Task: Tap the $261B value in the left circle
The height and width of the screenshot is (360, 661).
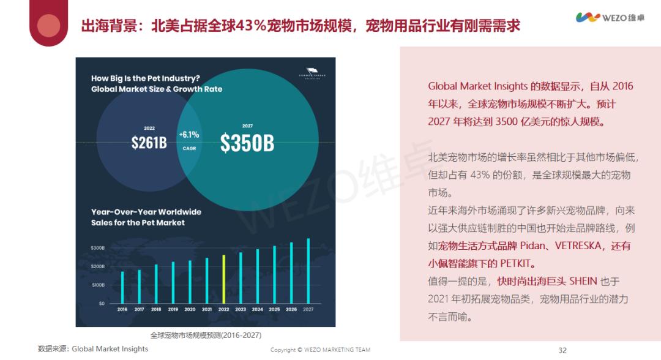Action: pyautogui.click(x=149, y=143)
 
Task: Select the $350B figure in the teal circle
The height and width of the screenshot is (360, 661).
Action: pyautogui.click(x=247, y=143)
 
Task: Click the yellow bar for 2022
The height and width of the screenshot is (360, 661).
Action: pyautogui.click(x=224, y=279)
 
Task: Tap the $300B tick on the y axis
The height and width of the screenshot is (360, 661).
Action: pyautogui.click(x=98, y=248)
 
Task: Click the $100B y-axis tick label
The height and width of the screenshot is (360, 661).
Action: pyautogui.click(x=98, y=285)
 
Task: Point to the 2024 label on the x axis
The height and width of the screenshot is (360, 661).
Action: pyautogui.click(x=257, y=310)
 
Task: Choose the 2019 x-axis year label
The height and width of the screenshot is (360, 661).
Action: pyautogui.click(x=173, y=310)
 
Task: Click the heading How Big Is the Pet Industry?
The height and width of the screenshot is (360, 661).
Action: pyautogui.click(x=146, y=78)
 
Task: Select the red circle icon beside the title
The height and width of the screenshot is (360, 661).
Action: pyautogui.click(x=49, y=26)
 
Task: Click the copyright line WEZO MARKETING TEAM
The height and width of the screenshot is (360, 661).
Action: pyautogui.click(x=320, y=350)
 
